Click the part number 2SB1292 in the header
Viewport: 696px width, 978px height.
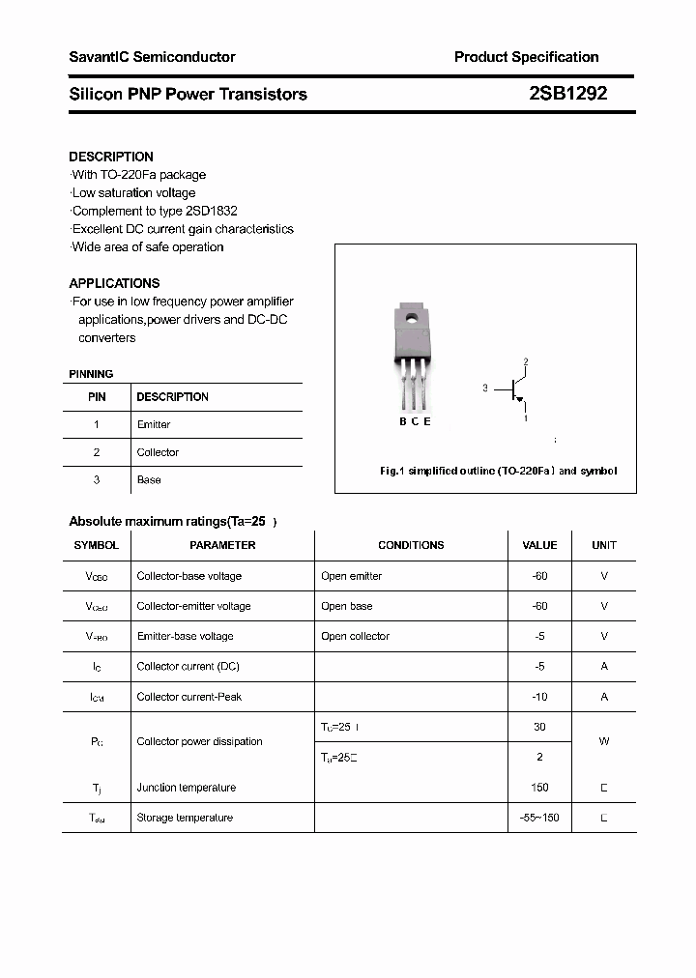click(567, 94)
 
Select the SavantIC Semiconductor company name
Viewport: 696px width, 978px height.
click(152, 57)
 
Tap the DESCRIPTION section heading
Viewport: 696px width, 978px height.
click(111, 157)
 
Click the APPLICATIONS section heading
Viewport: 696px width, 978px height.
click(114, 283)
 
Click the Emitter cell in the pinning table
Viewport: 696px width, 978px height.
click(154, 424)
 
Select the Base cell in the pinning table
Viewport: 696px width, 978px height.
click(149, 479)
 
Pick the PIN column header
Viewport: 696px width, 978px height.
click(97, 397)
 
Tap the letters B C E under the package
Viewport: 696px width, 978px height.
click(415, 420)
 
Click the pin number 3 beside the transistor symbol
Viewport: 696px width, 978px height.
click(485, 388)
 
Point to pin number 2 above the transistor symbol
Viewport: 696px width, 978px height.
click(526, 362)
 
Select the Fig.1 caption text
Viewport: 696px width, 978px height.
click(498, 471)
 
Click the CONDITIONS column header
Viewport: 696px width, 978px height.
click(411, 545)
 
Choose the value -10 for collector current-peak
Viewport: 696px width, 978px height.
click(539, 697)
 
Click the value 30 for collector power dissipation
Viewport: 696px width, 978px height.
click(539, 727)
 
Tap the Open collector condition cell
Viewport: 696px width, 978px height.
click(356, 636)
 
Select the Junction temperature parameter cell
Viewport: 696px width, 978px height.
click(186, 788)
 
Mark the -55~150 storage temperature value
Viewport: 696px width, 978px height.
click(539, 818)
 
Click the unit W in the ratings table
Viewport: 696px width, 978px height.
click(604, 742)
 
